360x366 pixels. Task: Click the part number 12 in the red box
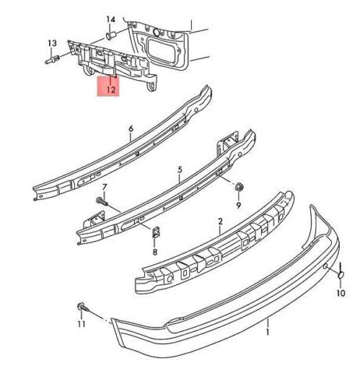coord(111,90)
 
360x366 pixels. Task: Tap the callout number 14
coord(111,19)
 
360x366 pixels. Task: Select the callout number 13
coord(52,43)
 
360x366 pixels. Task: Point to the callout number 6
coord(131,128)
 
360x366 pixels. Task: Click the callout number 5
coord(180,170)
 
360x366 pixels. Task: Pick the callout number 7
coord(104,187)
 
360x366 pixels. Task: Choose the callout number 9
coord(238,205)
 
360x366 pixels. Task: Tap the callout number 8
coord(155,252)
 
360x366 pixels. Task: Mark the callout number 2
coord(221,221)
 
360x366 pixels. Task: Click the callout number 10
coord(341,293)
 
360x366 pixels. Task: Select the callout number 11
coord(81,324)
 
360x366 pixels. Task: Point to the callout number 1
coord(268,332)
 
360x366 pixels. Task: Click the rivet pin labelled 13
coord(52,60)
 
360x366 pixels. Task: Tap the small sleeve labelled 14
coord(110,35)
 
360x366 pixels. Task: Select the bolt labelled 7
coord(101,200)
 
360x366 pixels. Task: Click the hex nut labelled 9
coord(239,187)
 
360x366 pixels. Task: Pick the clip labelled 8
coord(155,232)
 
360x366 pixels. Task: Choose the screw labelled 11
coord(83,307)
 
